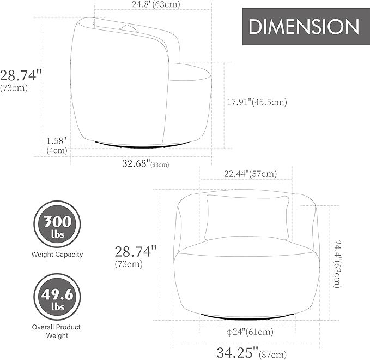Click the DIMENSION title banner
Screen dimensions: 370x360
pos(306,26)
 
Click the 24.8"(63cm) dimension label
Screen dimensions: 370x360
pos(156,4)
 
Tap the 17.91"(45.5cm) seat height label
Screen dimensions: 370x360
pos(257,102)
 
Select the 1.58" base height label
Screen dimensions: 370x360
pos(56,141)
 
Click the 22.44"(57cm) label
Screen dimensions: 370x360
pos(250,174)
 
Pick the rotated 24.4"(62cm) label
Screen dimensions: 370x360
pos(337,264)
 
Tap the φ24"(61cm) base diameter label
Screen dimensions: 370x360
pos(250,332)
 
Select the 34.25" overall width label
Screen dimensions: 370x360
pos(252,353)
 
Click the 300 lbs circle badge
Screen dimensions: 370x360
pos(57,224)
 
